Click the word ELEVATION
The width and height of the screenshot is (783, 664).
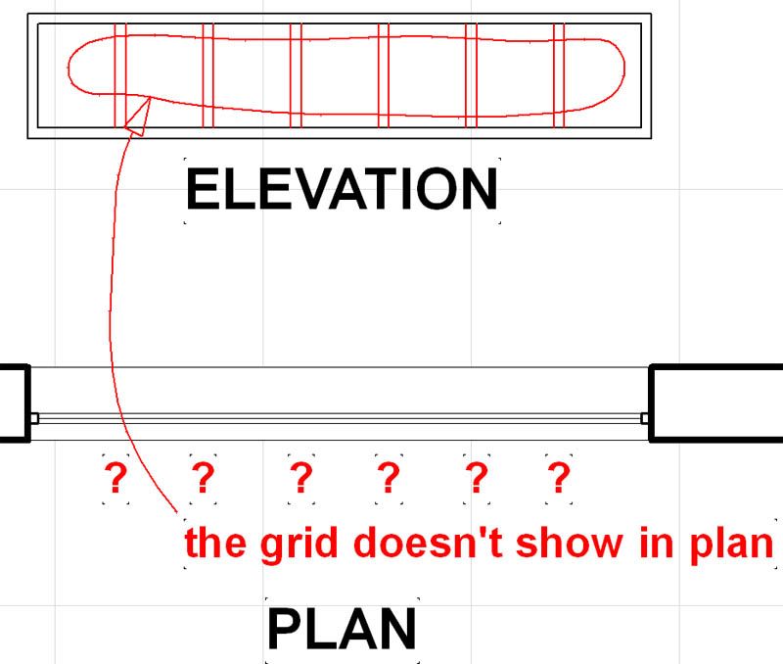[x=342, y=189]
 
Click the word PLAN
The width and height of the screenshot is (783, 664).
[x=342, y=630]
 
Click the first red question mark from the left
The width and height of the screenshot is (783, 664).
[x=115, y=479]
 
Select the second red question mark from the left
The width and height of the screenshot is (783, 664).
[x=203, y=479]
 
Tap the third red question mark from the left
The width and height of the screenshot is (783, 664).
[x=301, y=479]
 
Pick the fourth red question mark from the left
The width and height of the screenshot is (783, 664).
[x=389, y=479]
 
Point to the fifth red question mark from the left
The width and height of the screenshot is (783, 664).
[x=476, y=479]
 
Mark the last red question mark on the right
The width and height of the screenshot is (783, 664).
[x=558, y=479]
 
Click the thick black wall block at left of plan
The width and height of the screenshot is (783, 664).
[x=14, y=403]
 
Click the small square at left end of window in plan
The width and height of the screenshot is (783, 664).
[x=34, y=418]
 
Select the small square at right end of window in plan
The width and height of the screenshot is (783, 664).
[x=645, y=418]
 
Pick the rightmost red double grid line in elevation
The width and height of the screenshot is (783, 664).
[x=559, y=73]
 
